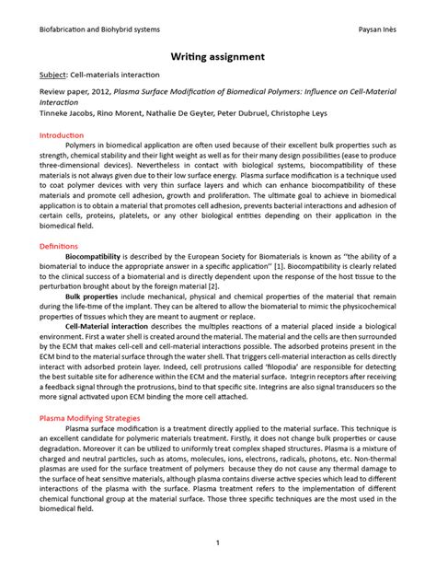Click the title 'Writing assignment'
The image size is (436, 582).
(217, 57)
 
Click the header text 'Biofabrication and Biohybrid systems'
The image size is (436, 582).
(98, 29)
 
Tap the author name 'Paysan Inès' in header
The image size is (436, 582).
(377, 29)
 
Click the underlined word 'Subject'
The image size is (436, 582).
(54, 75)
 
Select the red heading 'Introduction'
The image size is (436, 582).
(61, 135)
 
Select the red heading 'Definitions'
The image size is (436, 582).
(58, 246)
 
